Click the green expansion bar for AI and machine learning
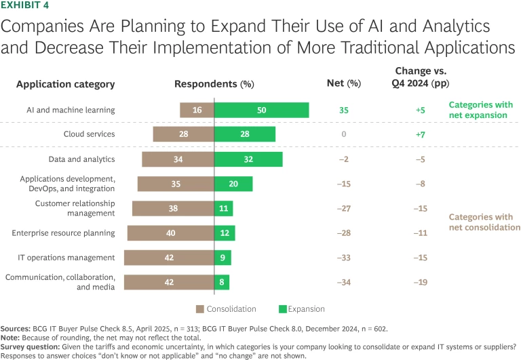coord(261,110)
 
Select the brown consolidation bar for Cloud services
coord(183,134)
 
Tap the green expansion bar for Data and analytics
coord(248,159)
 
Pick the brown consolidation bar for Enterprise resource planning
coord(170,233)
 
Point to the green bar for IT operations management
coord(223,258)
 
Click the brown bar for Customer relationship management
coord(173,209)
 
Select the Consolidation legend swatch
coord(200,309)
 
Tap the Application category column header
coord(65,85)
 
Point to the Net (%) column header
coord(343,85)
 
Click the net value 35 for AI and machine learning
coord(344,110)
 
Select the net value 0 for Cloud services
coord(344,134)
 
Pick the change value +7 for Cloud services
coord(421,134)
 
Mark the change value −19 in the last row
coord(420,282)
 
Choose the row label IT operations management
coord(66,258)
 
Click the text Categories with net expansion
coord(481,110)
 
